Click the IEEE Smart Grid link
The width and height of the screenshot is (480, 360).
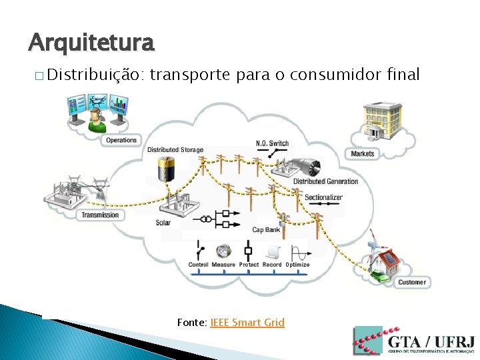[247, 323]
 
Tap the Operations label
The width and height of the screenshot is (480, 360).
[121, 140]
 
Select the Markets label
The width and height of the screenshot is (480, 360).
[363, 153]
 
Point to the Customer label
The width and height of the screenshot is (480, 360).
[411, 282]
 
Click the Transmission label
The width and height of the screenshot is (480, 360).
[100, 215]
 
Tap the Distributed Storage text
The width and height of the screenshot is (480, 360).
[175, 149]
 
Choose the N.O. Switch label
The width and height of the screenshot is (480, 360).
[272, 143]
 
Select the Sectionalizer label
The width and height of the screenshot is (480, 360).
[323, 197]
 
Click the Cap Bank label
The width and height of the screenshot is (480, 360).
[266, 230]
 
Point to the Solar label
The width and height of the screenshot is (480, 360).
[163, 223]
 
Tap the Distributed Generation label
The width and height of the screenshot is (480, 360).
[325, 181]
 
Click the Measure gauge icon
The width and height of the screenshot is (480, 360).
[223, 252]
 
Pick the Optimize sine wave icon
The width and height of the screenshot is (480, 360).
[298, 253]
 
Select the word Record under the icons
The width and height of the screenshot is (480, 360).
[272, 265]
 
